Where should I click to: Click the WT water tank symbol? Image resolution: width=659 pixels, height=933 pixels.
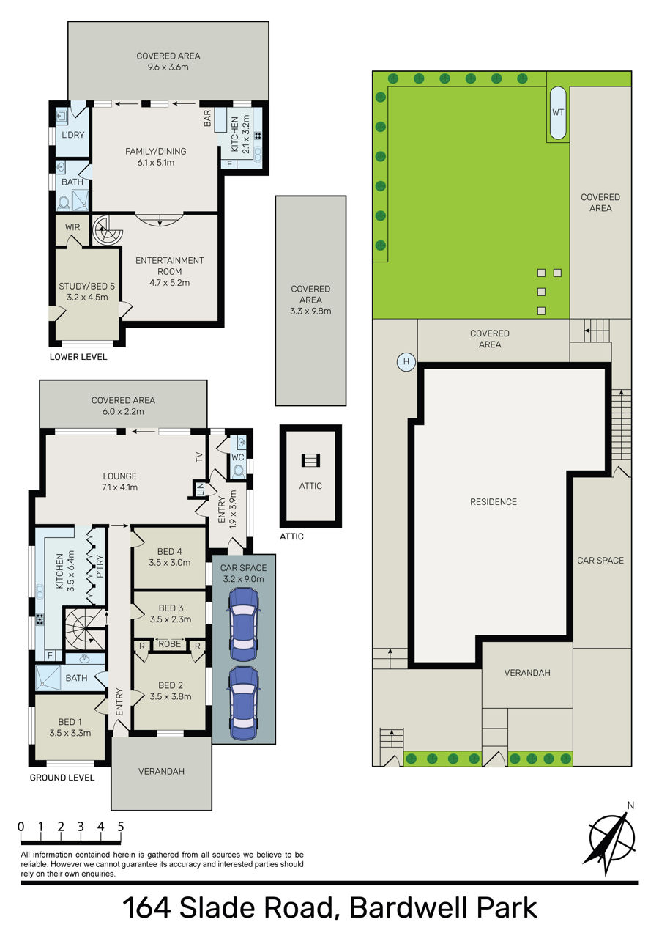tap(557, 112)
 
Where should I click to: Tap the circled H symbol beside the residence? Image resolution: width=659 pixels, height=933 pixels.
tap(406, 361)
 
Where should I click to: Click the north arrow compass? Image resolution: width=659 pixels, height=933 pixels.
tap(611, 837)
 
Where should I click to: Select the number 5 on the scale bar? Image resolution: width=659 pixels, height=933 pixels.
tap(120, 827)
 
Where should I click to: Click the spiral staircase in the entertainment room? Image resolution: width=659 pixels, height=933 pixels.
tap(106, 229)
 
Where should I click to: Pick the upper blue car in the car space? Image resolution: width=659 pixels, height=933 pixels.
tap(243, 624)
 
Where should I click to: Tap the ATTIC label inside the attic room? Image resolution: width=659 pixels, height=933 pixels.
tap(310, 486)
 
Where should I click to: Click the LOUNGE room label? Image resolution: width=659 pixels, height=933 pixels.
tap(119, 476)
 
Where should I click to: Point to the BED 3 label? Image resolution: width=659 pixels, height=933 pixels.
tap(171, 608)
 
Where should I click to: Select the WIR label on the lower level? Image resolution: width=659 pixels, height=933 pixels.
tap(72, 227)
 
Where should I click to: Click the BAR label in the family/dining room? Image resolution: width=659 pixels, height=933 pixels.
tap(207, 118)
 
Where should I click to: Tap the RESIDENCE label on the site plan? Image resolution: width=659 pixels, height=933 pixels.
tap(493, 501)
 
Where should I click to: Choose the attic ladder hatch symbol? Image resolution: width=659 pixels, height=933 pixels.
tap(310, 460)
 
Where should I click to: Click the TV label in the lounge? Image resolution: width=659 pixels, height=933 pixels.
tap(199, 457)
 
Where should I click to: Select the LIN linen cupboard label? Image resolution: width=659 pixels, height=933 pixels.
tap(200, 488)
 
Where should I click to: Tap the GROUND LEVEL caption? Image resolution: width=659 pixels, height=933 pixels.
tap(62, 777)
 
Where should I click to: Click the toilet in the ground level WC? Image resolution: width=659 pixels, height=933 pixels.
tap(238, 471)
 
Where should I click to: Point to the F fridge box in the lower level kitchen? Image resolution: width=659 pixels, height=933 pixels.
tap(229, 164)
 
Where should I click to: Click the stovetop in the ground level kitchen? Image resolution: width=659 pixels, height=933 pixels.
tap(40, 619)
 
